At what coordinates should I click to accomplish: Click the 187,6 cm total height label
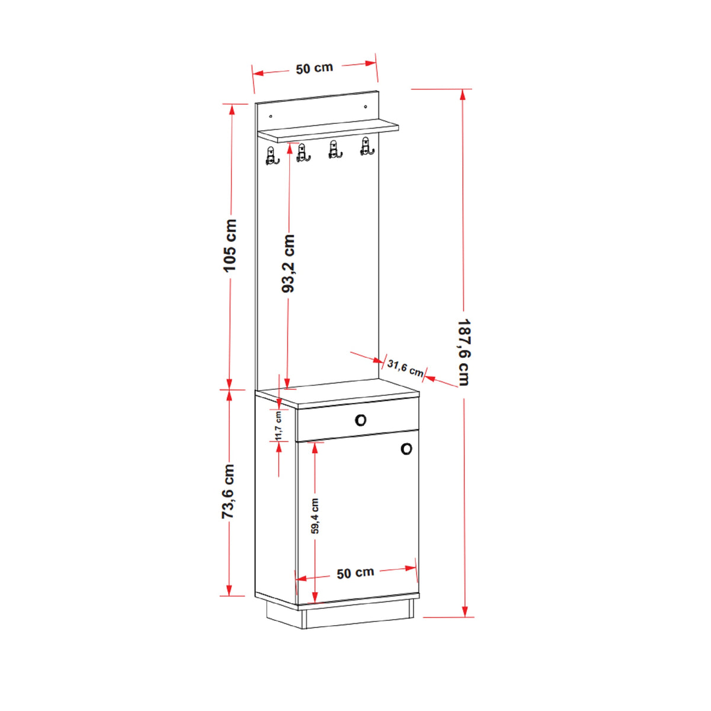(463, 353)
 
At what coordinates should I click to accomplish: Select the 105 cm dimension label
(230, 246)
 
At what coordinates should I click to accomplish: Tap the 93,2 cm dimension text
(288, 264)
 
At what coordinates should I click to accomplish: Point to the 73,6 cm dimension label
(228, 491)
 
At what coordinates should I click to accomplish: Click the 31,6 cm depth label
(405, 368)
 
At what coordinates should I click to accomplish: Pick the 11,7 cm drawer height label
(278, 426)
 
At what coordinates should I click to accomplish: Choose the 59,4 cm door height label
(315, 516)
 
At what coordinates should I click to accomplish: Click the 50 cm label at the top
(315, 68)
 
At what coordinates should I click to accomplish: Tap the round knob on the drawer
(360, 420)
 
